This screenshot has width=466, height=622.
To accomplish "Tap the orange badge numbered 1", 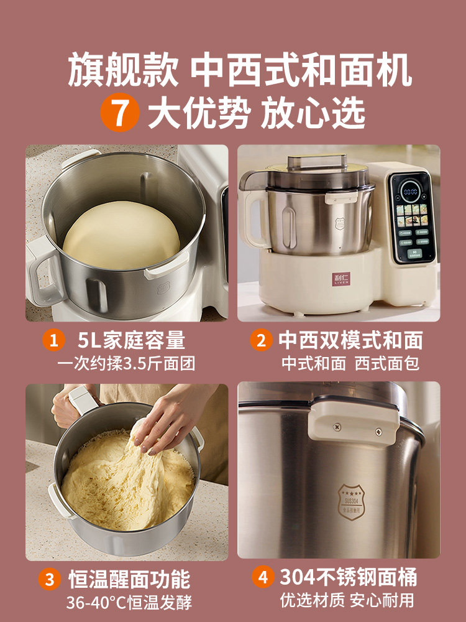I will [x=54, y=340].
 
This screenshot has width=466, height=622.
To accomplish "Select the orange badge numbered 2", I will [x=262, y=340].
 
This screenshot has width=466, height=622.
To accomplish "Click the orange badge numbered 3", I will [x=49, y=579].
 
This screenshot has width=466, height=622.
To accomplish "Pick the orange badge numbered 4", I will [x=263, y=577].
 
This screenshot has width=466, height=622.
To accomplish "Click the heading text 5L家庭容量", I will [x=132, y=340].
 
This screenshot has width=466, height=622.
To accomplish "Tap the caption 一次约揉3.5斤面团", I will [x=127, y=363].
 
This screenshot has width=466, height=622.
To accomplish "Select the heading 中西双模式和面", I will [x=350, y=340].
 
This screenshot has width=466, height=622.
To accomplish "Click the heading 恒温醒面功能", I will [x=129, y=579].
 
